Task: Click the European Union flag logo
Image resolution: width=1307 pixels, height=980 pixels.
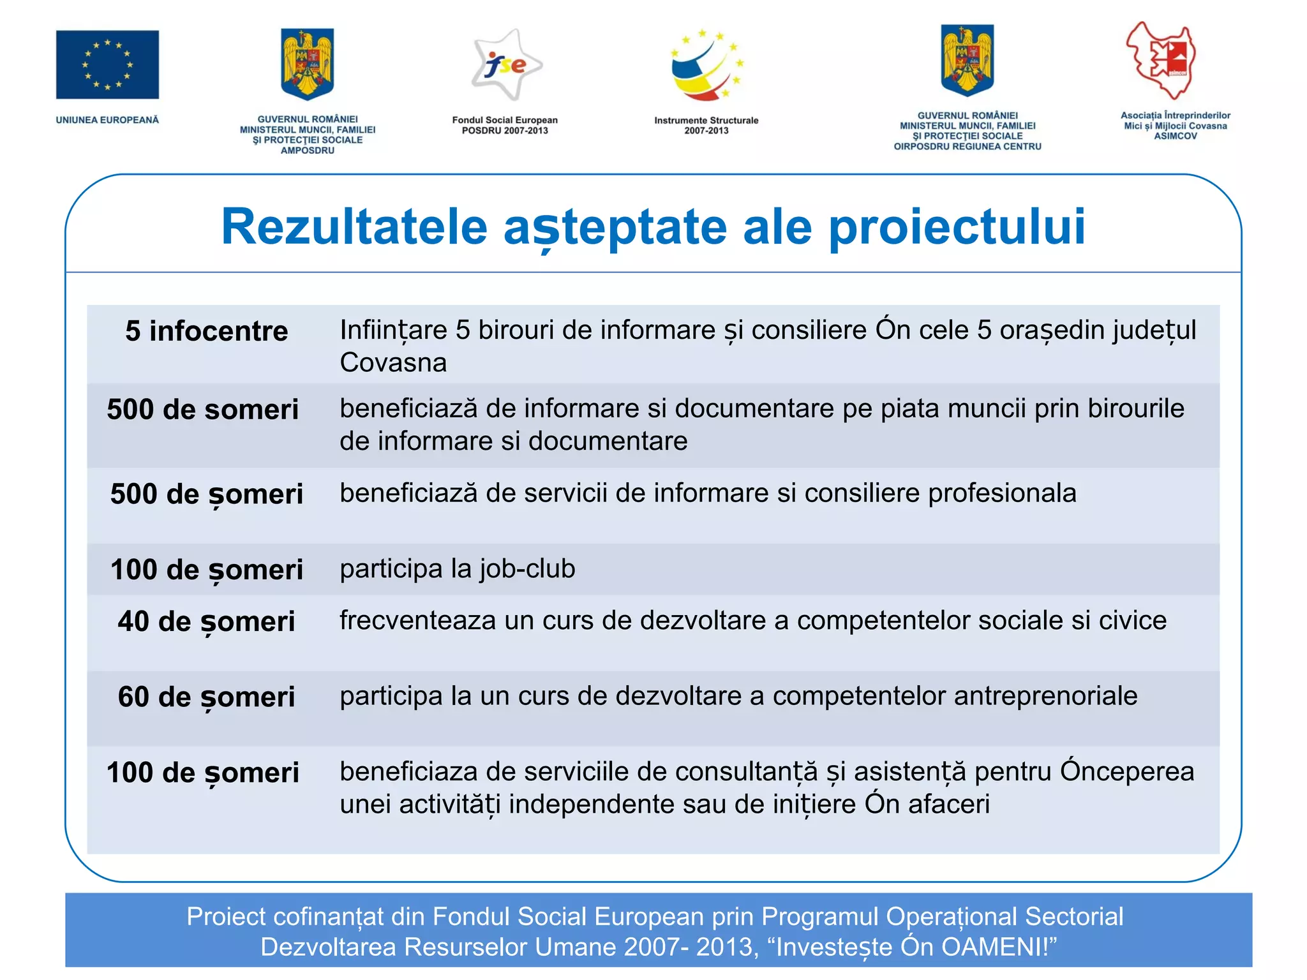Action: point(107,64)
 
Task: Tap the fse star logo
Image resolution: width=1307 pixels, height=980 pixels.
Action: point(506,65)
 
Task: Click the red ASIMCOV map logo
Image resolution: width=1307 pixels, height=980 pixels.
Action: point(1161,60)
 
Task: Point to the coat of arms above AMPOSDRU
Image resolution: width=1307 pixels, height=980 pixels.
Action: point(308,64)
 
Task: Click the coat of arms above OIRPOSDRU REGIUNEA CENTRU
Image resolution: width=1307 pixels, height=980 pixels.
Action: point(967,61)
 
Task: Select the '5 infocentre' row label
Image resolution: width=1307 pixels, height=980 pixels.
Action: point(206,331)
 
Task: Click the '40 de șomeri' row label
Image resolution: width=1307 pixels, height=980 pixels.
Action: point(206,621)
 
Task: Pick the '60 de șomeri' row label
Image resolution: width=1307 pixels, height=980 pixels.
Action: point(206,697)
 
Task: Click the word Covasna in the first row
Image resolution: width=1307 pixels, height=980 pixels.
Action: point(393,362)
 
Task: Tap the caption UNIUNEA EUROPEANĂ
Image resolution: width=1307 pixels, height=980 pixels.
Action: point(107,120)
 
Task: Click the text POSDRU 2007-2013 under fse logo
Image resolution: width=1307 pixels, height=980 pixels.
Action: point(505,131)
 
